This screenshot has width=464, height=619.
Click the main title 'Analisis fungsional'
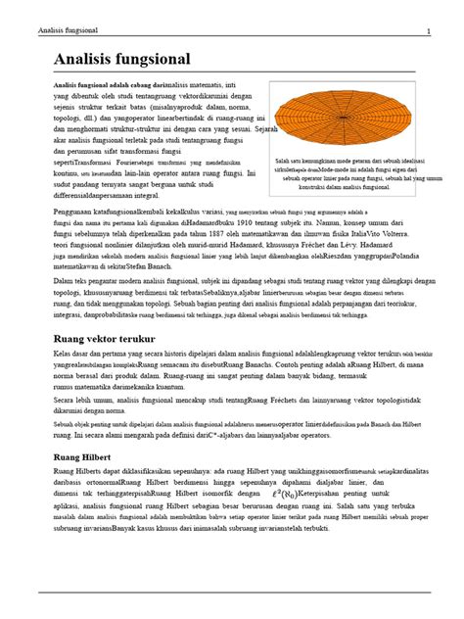120,60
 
